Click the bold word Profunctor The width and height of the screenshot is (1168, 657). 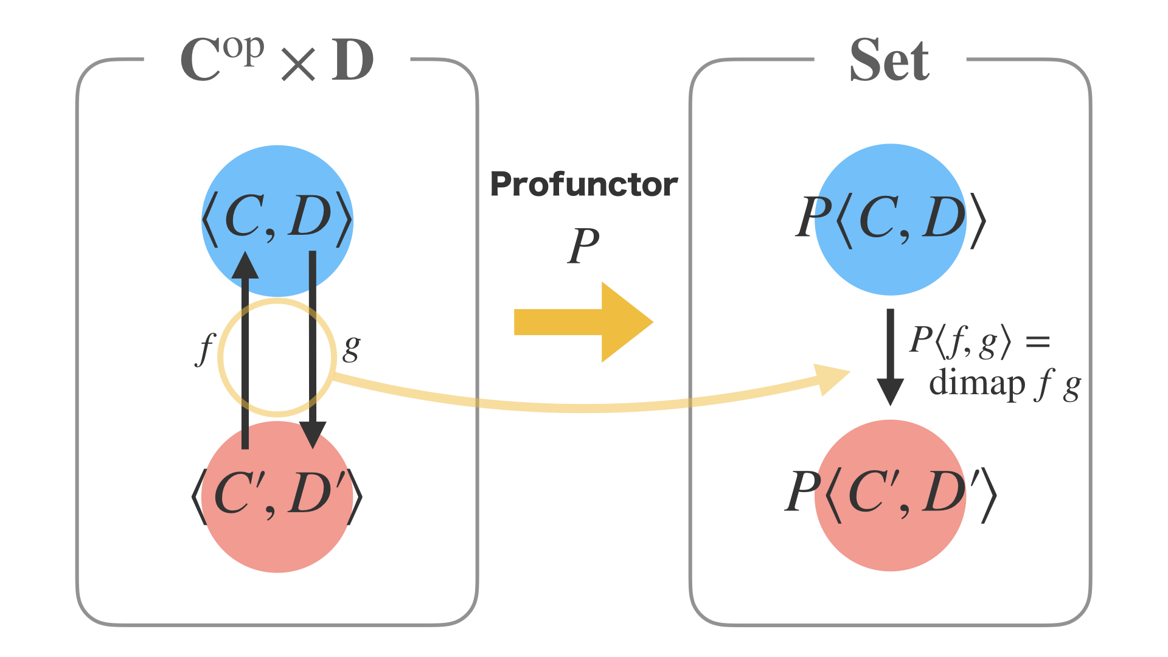583,184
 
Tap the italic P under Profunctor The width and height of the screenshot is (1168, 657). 583,245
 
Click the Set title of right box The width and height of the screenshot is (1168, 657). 889,60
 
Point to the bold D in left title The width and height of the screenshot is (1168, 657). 352,60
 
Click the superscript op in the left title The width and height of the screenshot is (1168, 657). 243,49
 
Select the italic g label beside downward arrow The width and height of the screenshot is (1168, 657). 352,347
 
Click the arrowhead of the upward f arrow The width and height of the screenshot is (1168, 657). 245,266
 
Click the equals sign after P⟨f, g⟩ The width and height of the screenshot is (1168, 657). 1038,341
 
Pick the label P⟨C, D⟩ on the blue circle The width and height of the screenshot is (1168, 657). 890,218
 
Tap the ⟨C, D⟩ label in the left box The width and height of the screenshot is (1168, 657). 277,218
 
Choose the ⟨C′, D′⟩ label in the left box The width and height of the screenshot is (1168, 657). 277,494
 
